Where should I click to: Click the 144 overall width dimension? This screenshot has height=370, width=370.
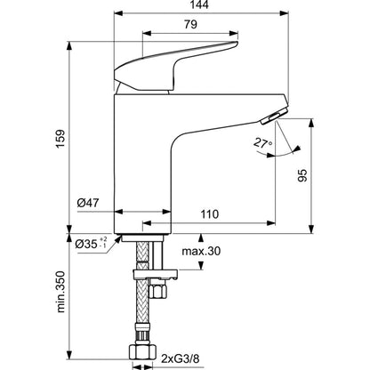coord(199,4)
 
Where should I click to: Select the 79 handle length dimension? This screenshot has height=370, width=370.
coord(190,24)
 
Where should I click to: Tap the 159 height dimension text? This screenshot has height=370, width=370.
coord(60,139)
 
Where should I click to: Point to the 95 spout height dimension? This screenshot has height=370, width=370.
coord(302,175)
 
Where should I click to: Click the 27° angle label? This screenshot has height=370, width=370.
coord(262,143)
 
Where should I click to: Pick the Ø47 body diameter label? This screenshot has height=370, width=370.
coord(88,203)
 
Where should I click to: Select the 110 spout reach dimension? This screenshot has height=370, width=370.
coord(210,213)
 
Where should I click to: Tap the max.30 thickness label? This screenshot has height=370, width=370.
coord(201,251)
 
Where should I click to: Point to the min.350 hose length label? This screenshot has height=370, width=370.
coord(60,292)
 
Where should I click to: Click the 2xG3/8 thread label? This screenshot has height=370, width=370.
coord(181,358)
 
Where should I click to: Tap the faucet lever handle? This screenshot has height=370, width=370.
coord(176,66)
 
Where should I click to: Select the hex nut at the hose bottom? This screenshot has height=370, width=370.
coord(142,351)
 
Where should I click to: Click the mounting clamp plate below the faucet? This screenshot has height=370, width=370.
coord(156,275)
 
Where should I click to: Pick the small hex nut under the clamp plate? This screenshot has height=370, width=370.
coord(157,291)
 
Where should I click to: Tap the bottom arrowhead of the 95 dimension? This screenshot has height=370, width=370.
coord(311,229)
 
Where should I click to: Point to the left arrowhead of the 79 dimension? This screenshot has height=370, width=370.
coord(147,33)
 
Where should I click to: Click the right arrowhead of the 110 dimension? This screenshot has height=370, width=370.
coord(271,223)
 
